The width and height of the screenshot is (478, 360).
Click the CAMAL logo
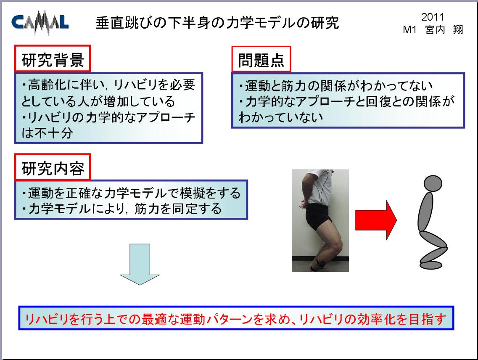(40, 23)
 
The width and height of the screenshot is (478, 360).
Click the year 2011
(432, 17)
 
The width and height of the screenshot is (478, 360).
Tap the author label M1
(409, 30)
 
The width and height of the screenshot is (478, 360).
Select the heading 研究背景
(53, 59)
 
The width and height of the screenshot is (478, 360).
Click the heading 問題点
(261, 60)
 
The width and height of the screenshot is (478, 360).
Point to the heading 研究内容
(53, 168)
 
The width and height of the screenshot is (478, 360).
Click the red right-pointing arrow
(376, 220)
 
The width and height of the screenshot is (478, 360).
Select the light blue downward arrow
(140, 264)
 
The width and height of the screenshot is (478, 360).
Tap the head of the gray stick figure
(433, 183)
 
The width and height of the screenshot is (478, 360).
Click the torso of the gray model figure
(425, 212)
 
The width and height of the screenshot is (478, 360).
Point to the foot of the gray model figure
(431, 265)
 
